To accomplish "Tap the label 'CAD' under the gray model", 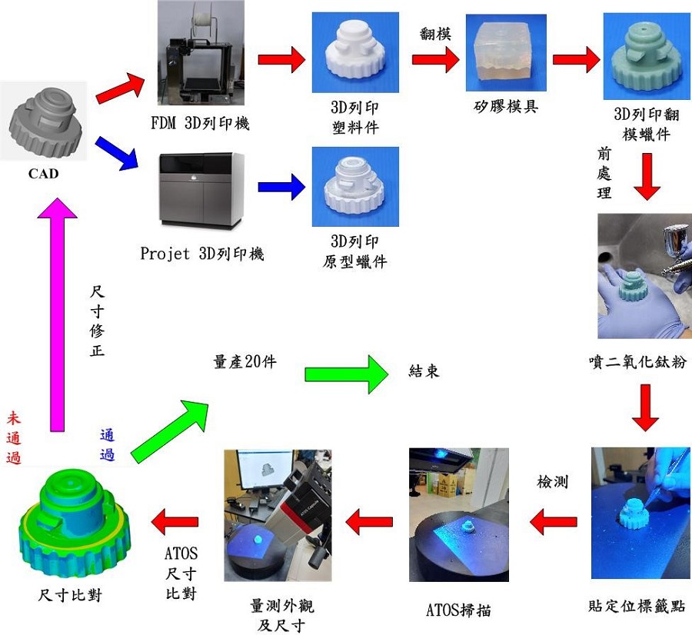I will coord(43,174).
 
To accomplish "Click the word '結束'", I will coord(424,371).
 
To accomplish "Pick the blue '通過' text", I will coord(107,444).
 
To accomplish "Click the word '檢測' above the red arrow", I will coord(552,482).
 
